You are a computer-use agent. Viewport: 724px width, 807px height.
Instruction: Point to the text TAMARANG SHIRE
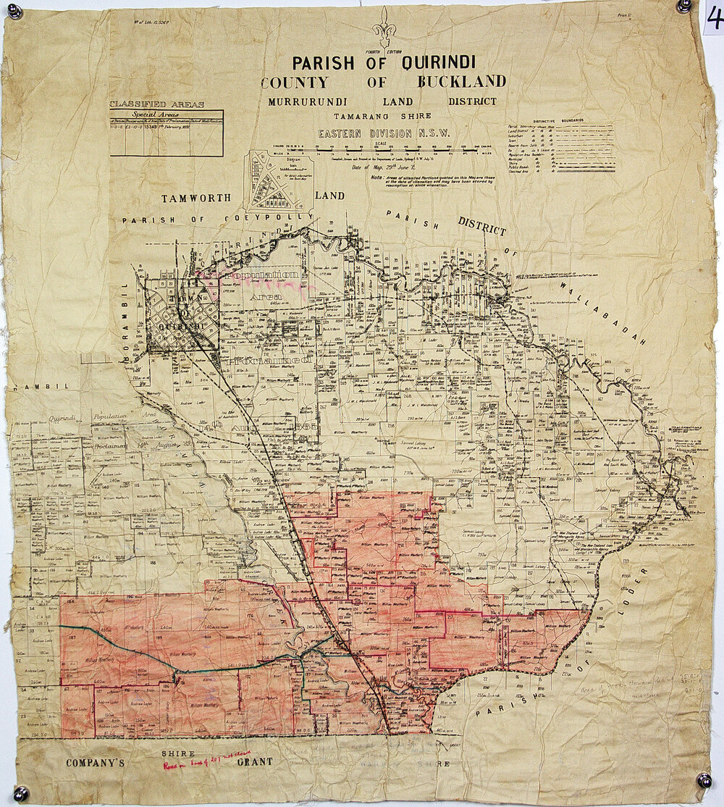point(382,116)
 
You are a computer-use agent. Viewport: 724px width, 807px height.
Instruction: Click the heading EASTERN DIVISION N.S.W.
point(384,133)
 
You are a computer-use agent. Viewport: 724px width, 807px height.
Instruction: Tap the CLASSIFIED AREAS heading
point(157,104)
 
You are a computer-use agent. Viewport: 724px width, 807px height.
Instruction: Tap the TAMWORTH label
point(196,198)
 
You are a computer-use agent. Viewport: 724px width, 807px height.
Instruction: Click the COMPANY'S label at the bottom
point(96,762)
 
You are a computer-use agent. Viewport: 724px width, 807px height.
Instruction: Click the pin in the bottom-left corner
point(20,793)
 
